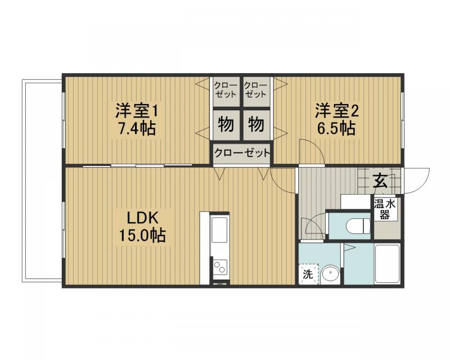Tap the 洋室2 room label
(336, 109)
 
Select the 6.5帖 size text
(336, 128)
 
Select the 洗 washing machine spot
(308, 274)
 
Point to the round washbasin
(330, 274)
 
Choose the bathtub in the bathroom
(387, 264)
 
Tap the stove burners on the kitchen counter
(219, 267)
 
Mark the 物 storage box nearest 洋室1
(226, 124)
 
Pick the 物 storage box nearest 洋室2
(256, 124)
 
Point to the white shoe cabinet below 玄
(355, 201)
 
